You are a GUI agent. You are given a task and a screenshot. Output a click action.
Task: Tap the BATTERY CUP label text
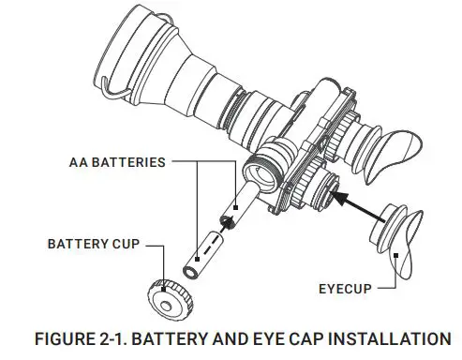point(92,244)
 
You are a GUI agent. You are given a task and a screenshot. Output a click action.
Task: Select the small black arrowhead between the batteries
point(226,222)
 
